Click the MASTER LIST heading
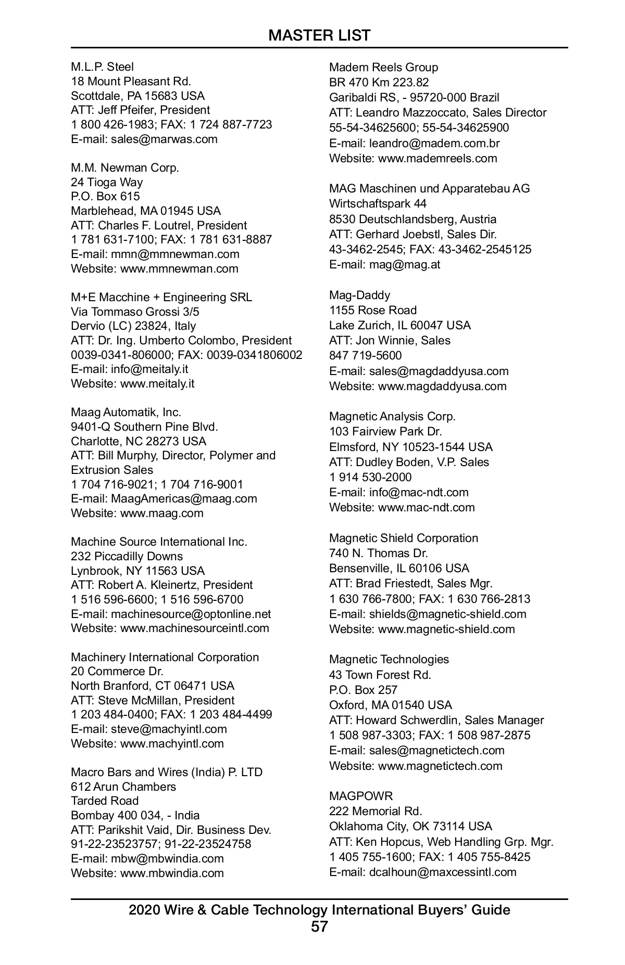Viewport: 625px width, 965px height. (319, 35)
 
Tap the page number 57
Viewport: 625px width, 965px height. (319, 926)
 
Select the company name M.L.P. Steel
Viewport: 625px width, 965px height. (102, 67)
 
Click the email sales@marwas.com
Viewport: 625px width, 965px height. (164, 139)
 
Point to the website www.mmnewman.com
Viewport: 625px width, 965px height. (179, 268)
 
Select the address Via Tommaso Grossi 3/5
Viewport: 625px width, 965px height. (135, 312)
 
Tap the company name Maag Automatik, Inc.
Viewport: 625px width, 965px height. (126, 412)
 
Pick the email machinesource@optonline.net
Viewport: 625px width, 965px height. (191, 614)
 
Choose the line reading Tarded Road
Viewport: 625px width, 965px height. (105, 801)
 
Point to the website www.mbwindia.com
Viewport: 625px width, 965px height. (172, 873)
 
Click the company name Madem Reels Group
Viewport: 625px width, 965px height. (383, 67)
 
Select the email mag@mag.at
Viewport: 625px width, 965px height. (405, 264)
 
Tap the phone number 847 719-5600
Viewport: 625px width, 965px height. (365, 355)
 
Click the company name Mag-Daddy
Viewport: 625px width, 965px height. (359, 295)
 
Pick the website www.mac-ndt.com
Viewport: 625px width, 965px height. (426, 507)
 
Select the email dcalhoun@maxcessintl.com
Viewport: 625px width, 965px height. (443, 872)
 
